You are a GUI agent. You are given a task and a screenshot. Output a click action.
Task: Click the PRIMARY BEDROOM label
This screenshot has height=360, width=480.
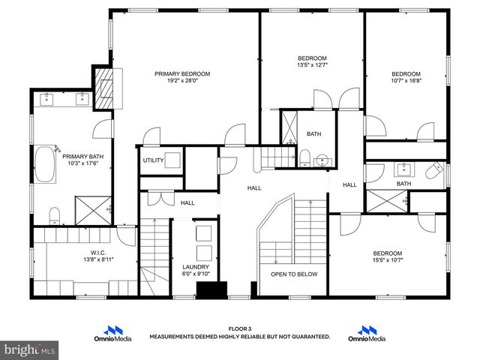[182, 73]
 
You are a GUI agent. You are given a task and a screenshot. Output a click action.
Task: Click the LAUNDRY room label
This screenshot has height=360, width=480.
[196, 266]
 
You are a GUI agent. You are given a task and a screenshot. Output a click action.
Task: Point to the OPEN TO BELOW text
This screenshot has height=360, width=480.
[294, 274]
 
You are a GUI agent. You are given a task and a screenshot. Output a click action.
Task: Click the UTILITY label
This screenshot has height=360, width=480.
[154, 160]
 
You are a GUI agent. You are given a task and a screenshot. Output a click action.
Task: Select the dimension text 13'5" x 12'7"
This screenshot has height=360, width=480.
[312, 66]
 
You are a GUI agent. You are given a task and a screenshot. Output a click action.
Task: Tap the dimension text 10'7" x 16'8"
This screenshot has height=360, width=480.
[406, 82]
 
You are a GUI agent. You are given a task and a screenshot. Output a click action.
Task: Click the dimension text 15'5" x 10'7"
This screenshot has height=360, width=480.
[387, 261]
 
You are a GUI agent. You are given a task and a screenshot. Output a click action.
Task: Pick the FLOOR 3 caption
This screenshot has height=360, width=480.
[239, 329]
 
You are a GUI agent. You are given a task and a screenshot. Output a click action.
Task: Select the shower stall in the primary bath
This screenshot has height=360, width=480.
[93, 209]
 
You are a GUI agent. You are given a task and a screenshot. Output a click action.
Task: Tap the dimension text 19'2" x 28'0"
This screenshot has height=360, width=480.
[182, 82]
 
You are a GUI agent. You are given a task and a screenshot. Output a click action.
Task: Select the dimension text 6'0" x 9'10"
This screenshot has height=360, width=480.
[196, 274]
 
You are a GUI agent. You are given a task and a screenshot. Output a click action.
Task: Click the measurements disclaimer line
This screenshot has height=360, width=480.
[239, 337]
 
